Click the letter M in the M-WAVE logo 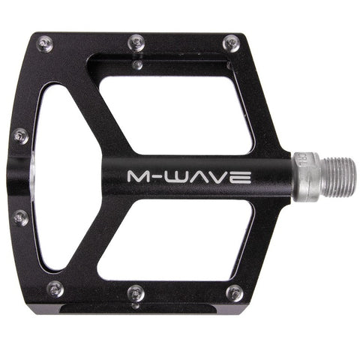(x=140, y=177)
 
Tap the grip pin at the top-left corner (x=44, y=43)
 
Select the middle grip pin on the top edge (x=136, y=41)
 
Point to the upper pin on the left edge (x=20, y=136)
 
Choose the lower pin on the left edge (x=20, y=218)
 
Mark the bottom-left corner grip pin (x=54, y=289)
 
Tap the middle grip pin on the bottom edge (x=135, y=292)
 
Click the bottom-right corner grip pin (x=235, y=292)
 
